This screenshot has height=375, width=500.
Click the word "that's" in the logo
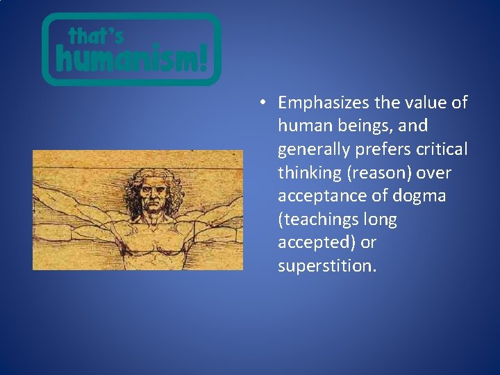(x=95, y=36)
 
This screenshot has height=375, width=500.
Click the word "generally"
(x=310, y=150)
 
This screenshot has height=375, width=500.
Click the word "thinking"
(x=306, y=173)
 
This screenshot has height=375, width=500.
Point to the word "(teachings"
(x=319, y=220)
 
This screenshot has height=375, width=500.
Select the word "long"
(x=381, y=220)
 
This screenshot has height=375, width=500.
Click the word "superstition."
(x=327, y=267)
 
